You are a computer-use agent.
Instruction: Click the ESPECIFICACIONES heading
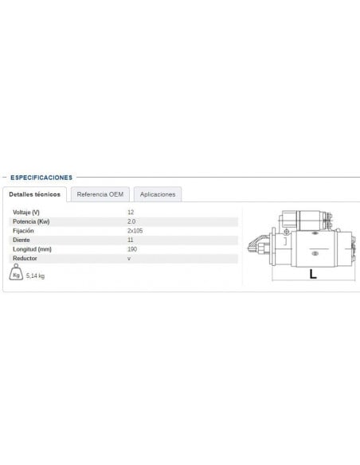[x=42, y=178]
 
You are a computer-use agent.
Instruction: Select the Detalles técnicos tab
[x=34, y=194]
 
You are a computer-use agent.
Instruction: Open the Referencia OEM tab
[x=100, y=194]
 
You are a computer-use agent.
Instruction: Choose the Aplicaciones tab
[x=158, y=194]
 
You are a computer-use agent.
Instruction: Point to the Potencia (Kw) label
[x=33, y=221]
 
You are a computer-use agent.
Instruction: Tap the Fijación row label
[x=25, y=231]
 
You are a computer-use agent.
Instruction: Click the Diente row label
[x=23, y=240]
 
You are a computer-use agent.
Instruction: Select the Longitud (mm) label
[x=33, y=249]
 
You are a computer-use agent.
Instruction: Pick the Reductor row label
[x=25, y=259]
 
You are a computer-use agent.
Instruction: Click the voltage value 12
[x=131, y=212]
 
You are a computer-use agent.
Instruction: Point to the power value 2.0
[x=131, y=221]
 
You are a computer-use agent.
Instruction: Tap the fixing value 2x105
[x=135, y=231]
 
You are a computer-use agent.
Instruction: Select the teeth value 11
[x=131, y=240]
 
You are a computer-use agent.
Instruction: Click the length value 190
[x=132, y=249]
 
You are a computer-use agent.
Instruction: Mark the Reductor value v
[x=129, y=259]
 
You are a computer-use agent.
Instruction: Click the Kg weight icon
[x=17, y=275]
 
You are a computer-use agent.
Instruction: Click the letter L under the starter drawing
[x=312, y=275]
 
